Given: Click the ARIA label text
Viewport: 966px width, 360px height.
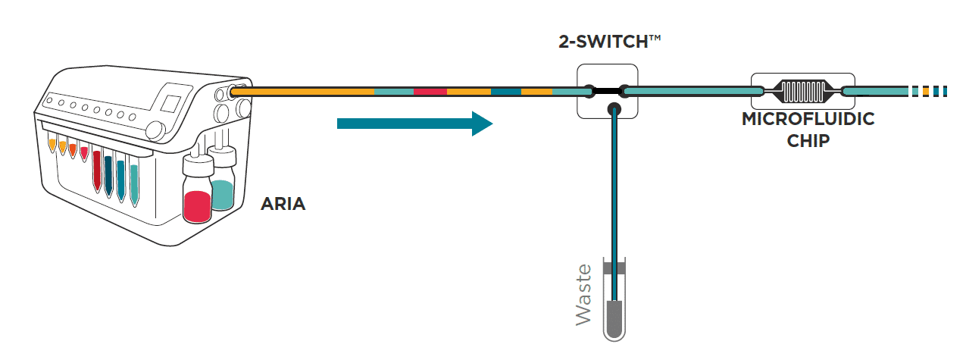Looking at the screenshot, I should (283, 204).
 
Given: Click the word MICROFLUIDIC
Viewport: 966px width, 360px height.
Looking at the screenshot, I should (808, 120).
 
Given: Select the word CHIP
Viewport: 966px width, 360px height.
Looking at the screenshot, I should (807, 140).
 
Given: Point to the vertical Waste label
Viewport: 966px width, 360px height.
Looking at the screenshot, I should (583, 294).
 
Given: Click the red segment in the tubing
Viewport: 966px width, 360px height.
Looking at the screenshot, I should (430, 92).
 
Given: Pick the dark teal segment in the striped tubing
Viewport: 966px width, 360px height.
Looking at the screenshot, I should (505, 92).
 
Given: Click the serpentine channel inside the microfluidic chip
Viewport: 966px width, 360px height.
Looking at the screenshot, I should (802, 92).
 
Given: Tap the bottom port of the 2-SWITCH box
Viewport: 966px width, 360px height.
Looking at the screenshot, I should (613, 111).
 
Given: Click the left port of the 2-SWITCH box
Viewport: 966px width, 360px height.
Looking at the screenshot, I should (592, 92).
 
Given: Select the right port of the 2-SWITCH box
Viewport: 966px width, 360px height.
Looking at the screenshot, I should (624, 92).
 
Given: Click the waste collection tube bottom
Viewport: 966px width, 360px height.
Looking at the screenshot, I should (613, 322).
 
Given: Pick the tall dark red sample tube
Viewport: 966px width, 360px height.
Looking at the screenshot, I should (97, 171).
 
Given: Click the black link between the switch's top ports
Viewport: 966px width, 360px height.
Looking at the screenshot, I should (608, 92).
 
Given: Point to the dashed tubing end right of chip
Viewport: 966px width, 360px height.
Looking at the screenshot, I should (928, 92).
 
